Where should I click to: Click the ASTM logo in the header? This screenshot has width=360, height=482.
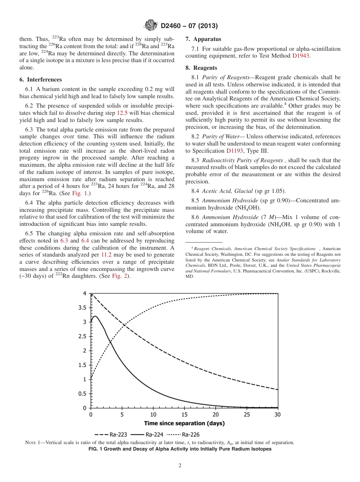pyautogui.click(x=151, y=26)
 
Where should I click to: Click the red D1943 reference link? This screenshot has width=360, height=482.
pyautogui.click(x=301, y=56)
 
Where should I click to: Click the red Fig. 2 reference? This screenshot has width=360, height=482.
pyautogui.click(x=121, y=276)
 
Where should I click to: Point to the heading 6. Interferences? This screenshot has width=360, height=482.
pyautogui.click(x=40, y=80)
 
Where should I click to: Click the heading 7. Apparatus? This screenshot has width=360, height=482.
pyautogui.click(x=203, y=39)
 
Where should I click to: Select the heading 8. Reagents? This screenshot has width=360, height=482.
pyautogui.click(x=201, y=68)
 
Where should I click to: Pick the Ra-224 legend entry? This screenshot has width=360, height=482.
pyautogui.click(x=147, y=435)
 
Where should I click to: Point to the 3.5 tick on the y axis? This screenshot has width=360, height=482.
pyautogui.click(x=82, y=308)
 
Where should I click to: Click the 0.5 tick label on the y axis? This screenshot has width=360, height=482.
pyautogui.click(x=82, y=394)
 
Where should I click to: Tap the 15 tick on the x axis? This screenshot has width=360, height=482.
pyautogui.click(x=184, y=415)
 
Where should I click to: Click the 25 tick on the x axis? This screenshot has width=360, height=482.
pyautogui.click(x=247, y=415)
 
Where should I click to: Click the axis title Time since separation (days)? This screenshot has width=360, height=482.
pyautogui.click(x=184, y=423)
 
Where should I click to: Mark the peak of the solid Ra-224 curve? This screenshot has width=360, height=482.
pyautogui.click(x=95, y=316)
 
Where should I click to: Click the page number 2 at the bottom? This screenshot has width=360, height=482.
pyautogui.click(x=180, y=466)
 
